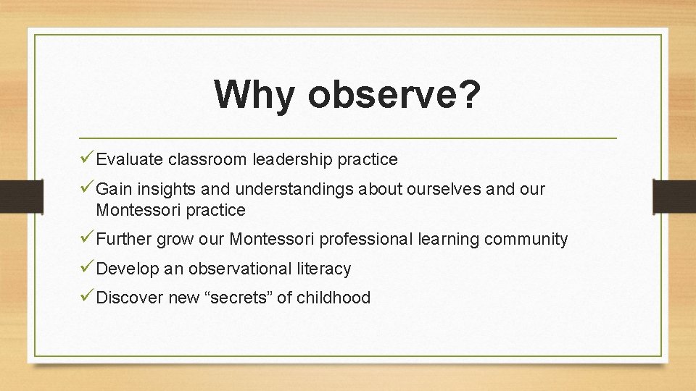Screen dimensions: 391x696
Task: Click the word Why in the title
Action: point(254,94)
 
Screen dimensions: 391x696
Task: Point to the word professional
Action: point(366,240)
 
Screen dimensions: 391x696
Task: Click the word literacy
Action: point(323,269)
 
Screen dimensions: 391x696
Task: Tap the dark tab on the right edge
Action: point(674,195)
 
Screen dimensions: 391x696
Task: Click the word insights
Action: point(170,190)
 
